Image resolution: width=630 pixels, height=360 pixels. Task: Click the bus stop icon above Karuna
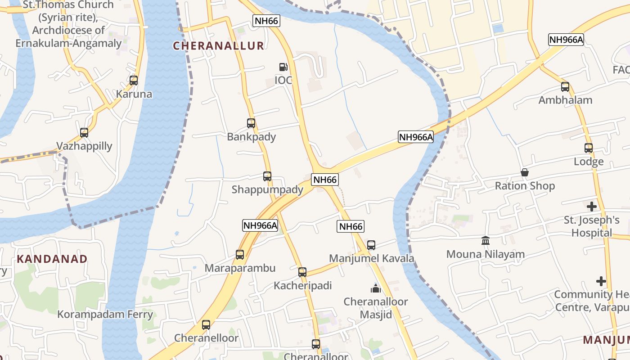[x=134, y=81]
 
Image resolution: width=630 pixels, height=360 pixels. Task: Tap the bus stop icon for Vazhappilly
[x=84, y=133]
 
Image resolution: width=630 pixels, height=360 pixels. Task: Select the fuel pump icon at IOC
[x=283, y=67]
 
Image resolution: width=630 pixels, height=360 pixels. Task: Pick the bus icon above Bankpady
[x=251, y=123]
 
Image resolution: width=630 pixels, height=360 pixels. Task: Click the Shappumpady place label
[x=267, y=189]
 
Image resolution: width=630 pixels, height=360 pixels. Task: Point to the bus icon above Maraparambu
[x=240, y=255]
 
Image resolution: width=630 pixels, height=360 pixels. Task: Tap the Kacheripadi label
[x=303, y=286]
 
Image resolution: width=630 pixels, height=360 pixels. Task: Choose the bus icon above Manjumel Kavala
[x=371, y=245]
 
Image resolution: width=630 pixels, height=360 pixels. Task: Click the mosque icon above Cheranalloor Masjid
[x=376, y=288]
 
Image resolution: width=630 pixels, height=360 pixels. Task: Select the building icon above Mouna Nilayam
[x=486, y=241]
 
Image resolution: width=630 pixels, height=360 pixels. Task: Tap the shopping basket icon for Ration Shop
[x=525, y=172]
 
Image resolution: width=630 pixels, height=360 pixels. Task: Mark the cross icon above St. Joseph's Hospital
[x=592, y=207]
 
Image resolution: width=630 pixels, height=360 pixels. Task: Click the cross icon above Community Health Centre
[x=601, y=281]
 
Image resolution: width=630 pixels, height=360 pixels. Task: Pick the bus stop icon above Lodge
[x=589, y=148]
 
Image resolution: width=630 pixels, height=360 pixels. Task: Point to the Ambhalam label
[x=565, y=100]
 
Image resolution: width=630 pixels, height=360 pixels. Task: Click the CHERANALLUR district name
[x=218, y=45]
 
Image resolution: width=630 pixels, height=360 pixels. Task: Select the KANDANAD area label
[x=52, y=259]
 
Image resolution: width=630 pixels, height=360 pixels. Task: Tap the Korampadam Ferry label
[x=105, y=314]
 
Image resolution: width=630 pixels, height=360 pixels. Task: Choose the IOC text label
[x=283, y=80]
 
